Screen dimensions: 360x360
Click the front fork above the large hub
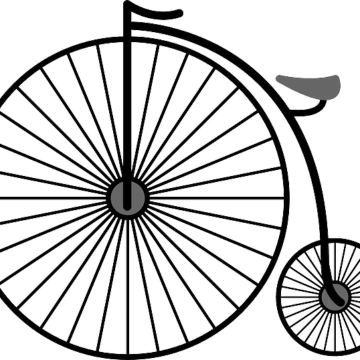click(x=128, y=100)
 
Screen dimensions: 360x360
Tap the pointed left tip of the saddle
click(x=277, y=77)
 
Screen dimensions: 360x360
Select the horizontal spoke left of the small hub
click(x=300, y=296)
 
